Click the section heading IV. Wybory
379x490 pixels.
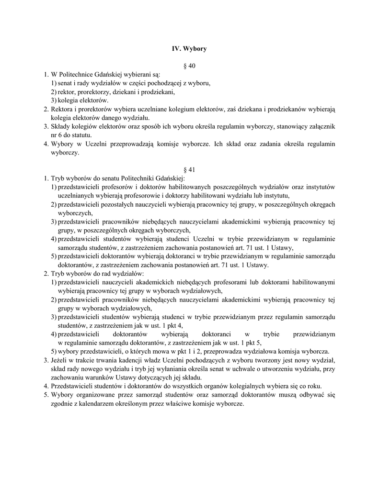coord(189,48)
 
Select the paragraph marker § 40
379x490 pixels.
coord(190,65)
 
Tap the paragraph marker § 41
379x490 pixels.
coord(190,169)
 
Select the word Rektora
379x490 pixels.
coord(62,109)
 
